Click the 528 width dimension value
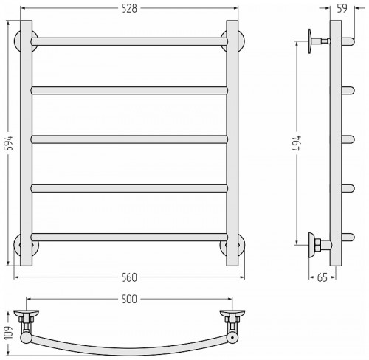[129, 9]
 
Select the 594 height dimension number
[10, 143]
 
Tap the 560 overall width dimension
[129, 277]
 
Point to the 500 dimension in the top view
[129, 300]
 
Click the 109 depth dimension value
[9, 333]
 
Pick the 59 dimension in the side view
[342, 9]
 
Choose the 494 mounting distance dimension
[297, 143]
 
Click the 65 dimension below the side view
[323, 277]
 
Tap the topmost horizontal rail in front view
[129, 41]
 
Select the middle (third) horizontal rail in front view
[129, 139]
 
